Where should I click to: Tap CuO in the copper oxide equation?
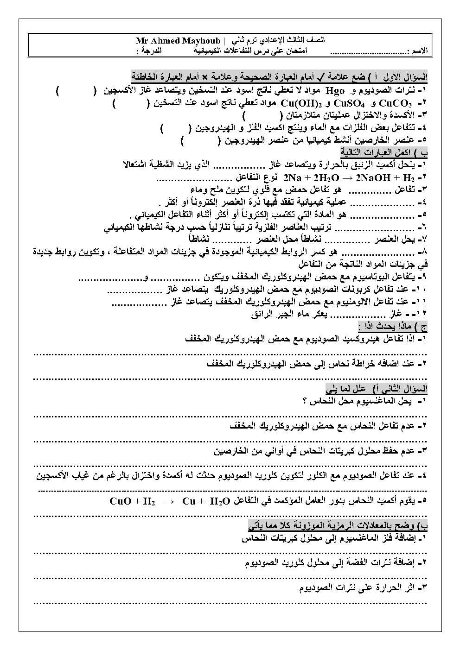(x=120, y=501)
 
